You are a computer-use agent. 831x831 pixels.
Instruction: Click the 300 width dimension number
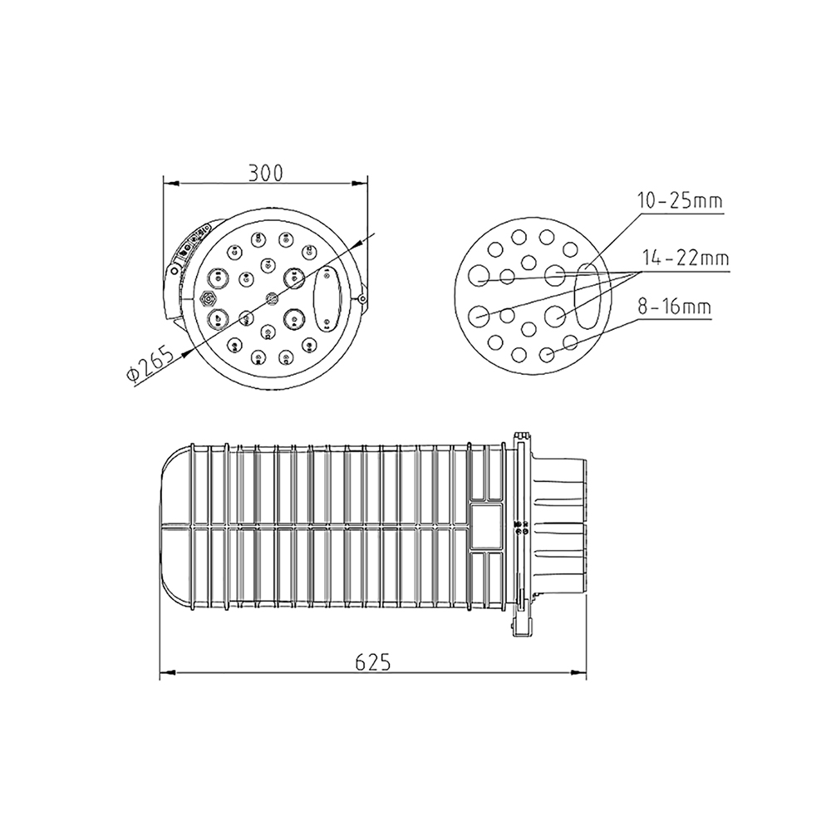tap(266, 172)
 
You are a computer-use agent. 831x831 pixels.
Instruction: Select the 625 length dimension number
tap(372, 661)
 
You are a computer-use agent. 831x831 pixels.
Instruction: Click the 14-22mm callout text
tap(686, 259)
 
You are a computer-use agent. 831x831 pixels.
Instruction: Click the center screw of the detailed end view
tap(268, 297)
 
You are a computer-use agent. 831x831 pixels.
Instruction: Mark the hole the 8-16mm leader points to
tap(547, 355)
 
